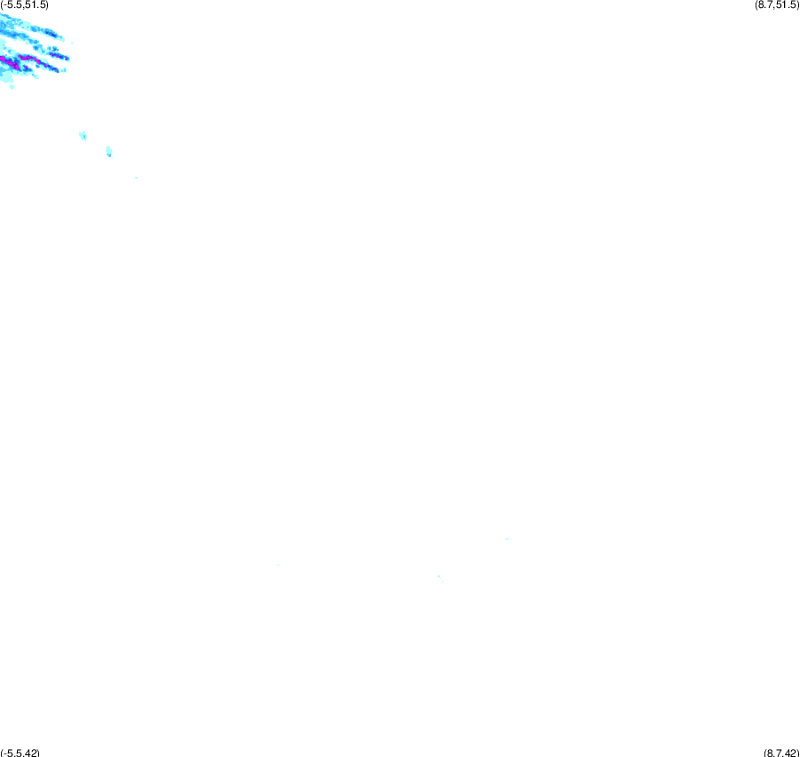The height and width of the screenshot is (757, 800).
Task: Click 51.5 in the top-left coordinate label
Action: (x=36, y=5)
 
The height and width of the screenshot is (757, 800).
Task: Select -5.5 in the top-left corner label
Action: (x=12, y=5)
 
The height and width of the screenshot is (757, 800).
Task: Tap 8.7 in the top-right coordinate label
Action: (x=764, y=5)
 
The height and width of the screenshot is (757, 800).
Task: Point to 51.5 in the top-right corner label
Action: (x=784, y=5)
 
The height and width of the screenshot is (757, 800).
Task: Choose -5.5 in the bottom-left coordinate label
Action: (x=12, y=753)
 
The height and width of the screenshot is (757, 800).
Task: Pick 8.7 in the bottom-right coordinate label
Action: (x=772, y=753)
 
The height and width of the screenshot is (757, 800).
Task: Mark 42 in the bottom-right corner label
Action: (x=790, y=753)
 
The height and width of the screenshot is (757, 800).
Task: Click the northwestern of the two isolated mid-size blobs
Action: (x=84, y=135)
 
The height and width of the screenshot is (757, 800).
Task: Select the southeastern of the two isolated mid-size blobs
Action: (x=108, y=152)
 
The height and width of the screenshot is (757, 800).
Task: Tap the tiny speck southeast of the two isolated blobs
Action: (x=136, y=178)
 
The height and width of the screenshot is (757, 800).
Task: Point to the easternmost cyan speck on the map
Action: (x=508, y=538)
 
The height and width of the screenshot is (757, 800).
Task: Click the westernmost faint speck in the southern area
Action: (x=278, y=565)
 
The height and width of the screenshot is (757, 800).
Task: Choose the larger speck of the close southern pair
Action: (x=439, y=576)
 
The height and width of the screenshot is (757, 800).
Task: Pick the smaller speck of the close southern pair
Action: (x=443, y=582)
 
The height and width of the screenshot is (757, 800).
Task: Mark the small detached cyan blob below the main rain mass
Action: (x=12, y=87)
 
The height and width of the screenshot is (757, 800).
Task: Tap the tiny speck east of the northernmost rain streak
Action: (x=72, y=43)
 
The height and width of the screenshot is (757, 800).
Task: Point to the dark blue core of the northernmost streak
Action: (x=51, y=33)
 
